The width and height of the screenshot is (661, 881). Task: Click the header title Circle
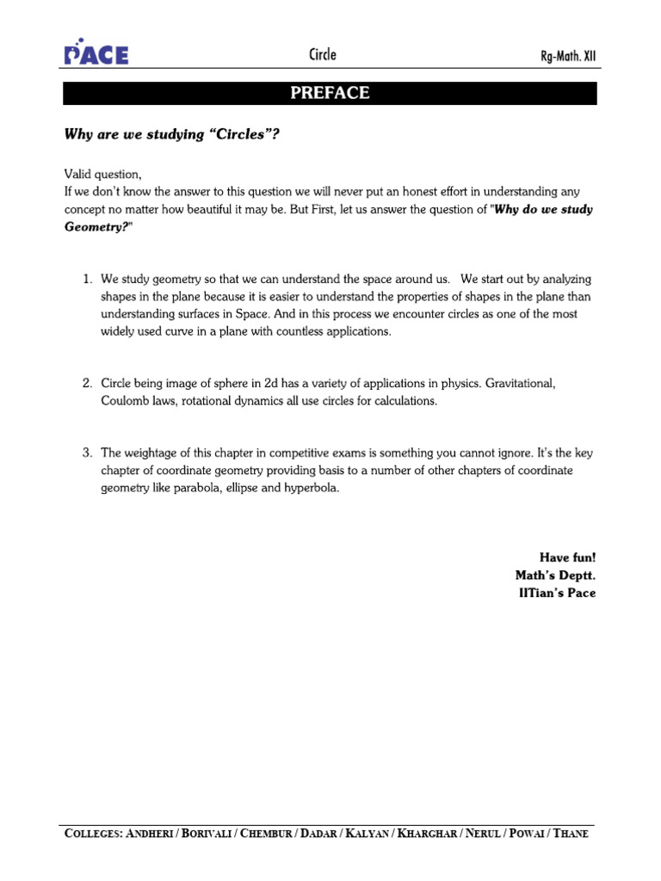tap(323, 55)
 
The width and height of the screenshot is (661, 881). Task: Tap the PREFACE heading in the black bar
tap(330, 93)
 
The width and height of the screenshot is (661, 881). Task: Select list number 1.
tap(87, 280)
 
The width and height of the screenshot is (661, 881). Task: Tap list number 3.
tap(87, 453)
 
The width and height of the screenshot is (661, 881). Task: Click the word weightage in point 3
tap(151, 453)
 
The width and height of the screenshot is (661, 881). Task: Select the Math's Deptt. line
tap(555, 575)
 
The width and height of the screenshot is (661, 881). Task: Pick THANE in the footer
tap(571, 834)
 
